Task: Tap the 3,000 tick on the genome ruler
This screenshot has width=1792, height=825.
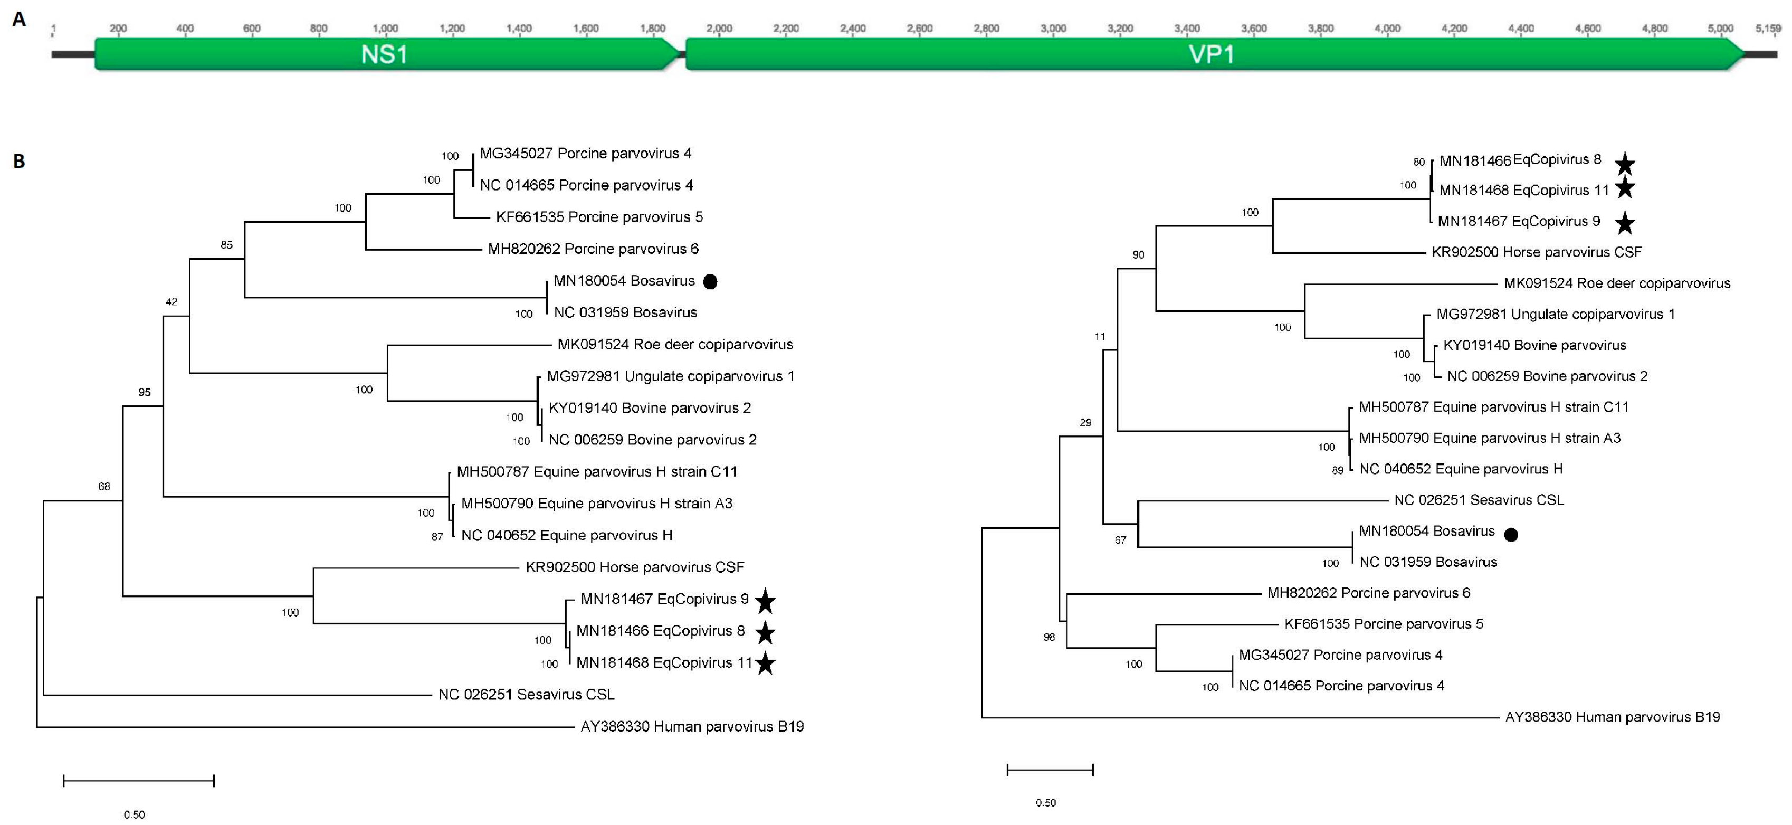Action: click(1053, 29)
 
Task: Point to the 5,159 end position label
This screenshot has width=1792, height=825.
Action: click(1768, 29)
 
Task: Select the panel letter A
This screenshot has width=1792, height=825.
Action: click(19, 19)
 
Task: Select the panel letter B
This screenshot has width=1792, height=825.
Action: click(19, 162)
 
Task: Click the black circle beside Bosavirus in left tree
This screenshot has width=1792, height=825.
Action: click(710, 282)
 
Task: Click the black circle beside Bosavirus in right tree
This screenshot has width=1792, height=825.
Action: click(1511, 535)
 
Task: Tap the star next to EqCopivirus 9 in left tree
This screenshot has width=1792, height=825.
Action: click(765, 601)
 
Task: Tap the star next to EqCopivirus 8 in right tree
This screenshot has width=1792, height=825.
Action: click(1624, 164)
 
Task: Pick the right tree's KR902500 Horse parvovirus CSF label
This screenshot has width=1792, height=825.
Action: click(1536, 252)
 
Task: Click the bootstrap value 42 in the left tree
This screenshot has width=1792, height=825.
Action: click(171, 302)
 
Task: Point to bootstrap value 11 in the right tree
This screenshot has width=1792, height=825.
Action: click(1099, 337)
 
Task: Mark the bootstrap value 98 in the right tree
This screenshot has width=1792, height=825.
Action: click(1049, 637)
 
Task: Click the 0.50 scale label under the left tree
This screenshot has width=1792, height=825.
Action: click(134, 814)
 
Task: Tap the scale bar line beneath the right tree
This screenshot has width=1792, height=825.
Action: click(1050, 770)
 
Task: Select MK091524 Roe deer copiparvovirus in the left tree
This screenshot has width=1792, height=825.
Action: click(675, 344)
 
